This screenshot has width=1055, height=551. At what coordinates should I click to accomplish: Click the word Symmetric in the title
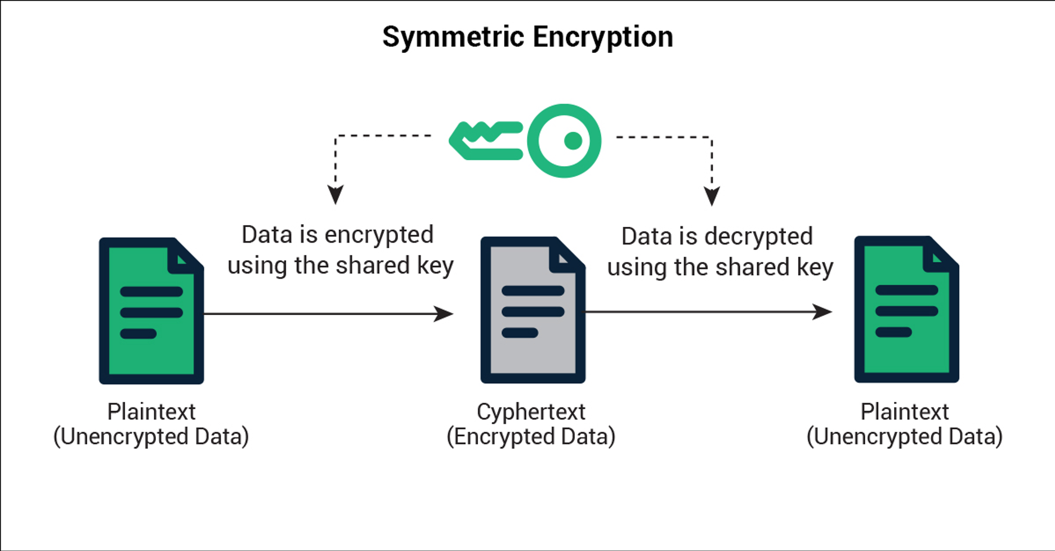[x=453, y=38]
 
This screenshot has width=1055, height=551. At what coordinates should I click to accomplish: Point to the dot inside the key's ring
[x=573, y=141]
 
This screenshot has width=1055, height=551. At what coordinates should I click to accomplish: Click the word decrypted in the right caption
[x=758, y=237]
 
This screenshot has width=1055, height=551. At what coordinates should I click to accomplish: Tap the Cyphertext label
[x=531, y=412]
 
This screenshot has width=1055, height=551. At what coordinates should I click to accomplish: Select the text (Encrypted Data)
[x=531, y=437]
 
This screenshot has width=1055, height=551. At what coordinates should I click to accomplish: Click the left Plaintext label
[x=151, y=412]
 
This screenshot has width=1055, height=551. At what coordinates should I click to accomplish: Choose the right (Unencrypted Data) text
[x=904, y=437]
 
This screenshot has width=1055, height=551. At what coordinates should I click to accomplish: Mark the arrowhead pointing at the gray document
[x=444, y=313]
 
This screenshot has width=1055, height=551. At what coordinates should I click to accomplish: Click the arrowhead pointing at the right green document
[x=823, y=311]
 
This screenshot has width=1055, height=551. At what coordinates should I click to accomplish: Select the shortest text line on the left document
[x=138, y=334]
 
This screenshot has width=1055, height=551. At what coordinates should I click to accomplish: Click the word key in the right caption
[x=815, y=268]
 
